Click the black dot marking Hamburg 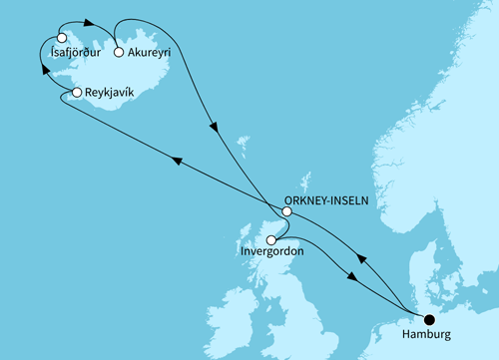429,319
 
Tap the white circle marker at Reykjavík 76,93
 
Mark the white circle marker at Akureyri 119,53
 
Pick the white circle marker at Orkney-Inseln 286,211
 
